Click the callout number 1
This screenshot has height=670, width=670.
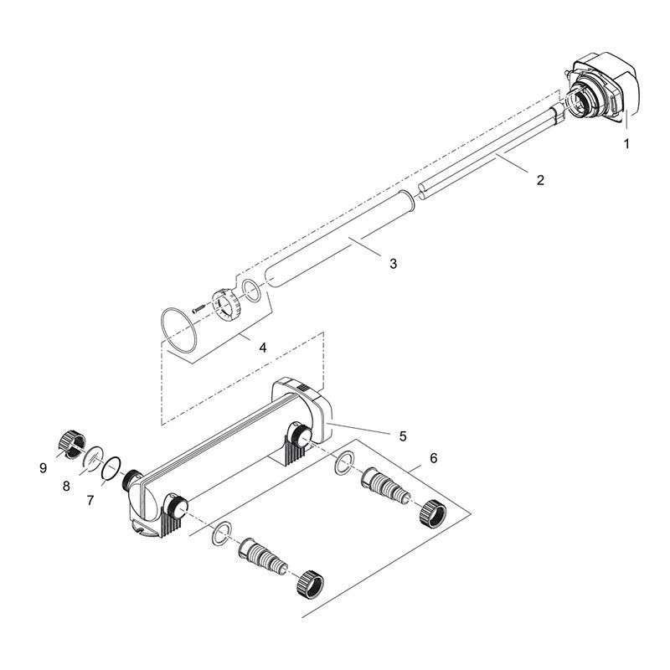(626, 143)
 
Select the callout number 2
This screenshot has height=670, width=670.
(540, 180)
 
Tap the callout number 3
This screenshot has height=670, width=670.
(393, 263)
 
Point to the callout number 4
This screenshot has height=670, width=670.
(263, 348)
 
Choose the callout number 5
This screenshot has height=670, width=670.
(403, 436)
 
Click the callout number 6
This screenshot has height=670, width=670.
(434, 458)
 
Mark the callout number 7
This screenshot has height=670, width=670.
(90, 500)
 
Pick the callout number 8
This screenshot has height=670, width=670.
(66, 486)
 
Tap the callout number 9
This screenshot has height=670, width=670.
(43, 468)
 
